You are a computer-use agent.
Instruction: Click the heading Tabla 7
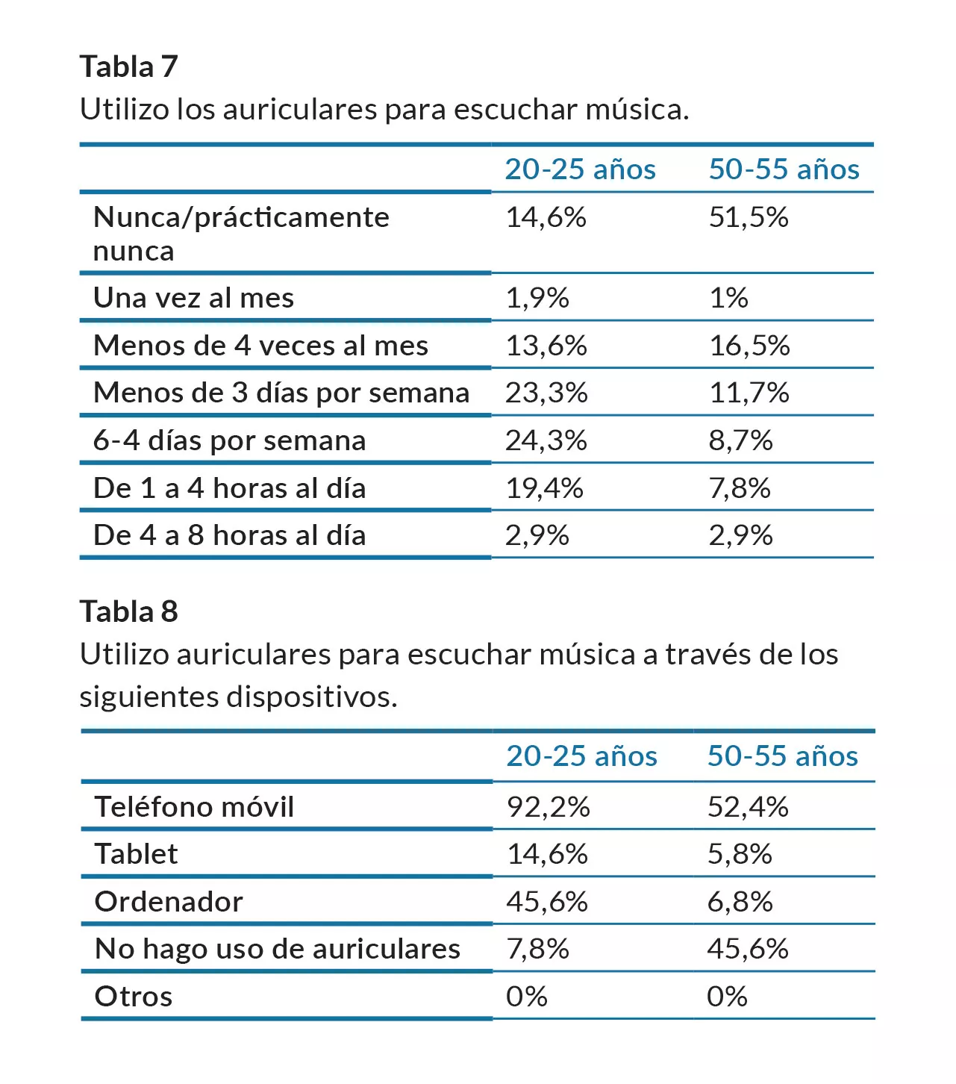pos(128,66)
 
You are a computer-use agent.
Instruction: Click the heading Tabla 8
pos(128,611)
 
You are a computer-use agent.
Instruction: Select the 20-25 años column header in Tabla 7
pos(580,169)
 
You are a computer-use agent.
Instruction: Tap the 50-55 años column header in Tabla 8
pos(782,756)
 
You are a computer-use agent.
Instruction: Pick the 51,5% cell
pos(748,217)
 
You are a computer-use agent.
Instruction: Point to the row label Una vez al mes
pos(193,298)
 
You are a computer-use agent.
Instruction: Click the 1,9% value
pos(537,298)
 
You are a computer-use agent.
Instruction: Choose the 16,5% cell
pos(749,346)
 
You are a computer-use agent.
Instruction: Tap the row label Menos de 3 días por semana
pos(281,393)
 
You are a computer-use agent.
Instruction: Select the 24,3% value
pos(546,440)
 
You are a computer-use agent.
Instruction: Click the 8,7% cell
pos(740,440)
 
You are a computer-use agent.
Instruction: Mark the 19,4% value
pos(544,488)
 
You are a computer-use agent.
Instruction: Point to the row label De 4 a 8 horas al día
pos(229,535)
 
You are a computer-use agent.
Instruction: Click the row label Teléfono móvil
pos(194,807)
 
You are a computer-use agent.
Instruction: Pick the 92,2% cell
pos(548,807)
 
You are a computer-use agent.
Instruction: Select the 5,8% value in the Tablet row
pos(739,854)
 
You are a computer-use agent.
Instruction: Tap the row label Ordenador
pos(169,902)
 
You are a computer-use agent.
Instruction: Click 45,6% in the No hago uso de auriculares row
pos(747,949)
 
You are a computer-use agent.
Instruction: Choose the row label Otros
pos(134,997)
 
